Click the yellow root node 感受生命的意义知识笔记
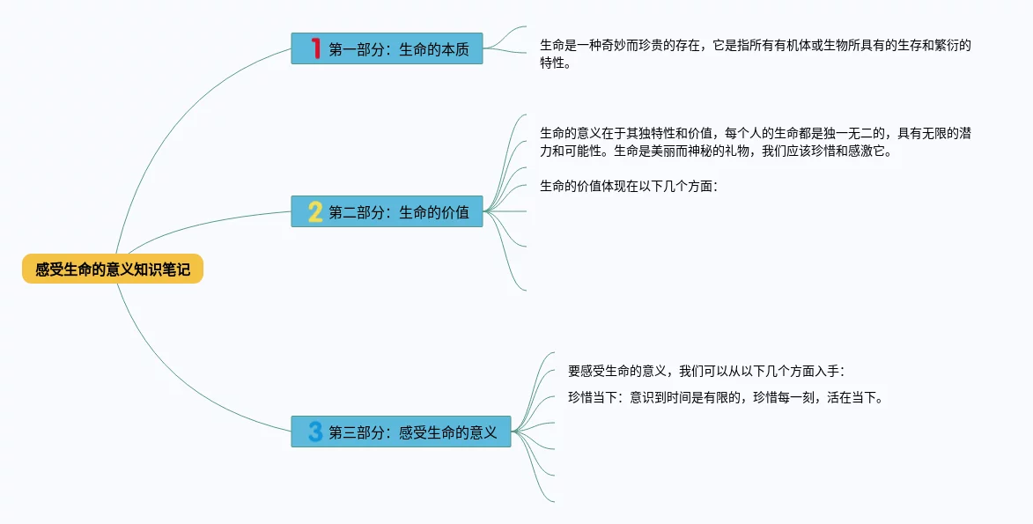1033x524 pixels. (x=113, y=269)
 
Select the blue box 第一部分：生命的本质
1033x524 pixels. (x=387, y=48)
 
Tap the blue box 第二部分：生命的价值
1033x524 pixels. (x=387, y=211)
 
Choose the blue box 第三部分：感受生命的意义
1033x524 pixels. (x=402, y=432)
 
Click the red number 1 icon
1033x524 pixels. (x=315, y=48)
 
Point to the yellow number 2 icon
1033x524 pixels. (x=315, y=211)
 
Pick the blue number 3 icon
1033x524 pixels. (x=315, y=432)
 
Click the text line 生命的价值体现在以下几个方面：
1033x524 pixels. (x=629, y=187)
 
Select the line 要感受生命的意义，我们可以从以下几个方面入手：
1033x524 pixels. (x=706, y=372)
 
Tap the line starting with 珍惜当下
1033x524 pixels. (x=726, y=398)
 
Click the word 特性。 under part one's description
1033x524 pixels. (x=555, y=64)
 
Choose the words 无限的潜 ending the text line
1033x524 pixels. (x=947, y=134)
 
